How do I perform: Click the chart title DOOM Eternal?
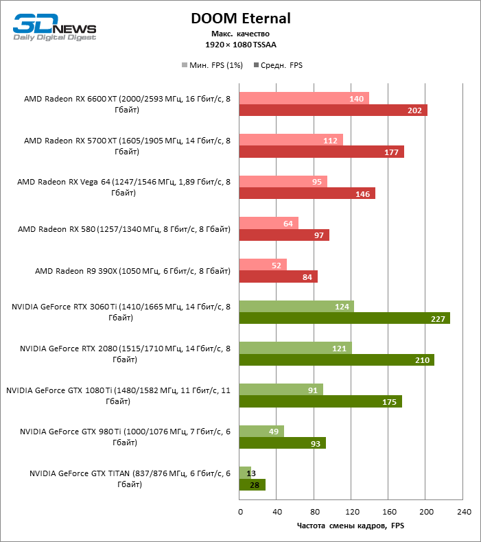pos(240,19)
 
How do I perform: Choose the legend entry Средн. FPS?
pos(278,66)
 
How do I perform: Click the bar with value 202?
pos(333,110)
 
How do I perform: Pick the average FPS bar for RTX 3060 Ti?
pos(344,318)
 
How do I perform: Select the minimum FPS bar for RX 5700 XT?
pos(291,140)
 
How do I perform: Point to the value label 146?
pos(363,194)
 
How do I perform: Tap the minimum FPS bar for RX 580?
pos(268,223)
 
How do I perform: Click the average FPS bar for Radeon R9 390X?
pos(278,277)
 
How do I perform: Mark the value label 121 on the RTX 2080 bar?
pos(338,349)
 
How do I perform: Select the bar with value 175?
pos(320,401)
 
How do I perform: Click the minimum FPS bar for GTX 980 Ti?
pos(261,431)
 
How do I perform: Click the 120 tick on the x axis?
pos(351,512)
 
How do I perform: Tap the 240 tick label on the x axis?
pos(463,512)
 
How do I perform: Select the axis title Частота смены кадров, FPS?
pos(351,526)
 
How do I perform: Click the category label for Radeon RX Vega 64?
pos(124,188)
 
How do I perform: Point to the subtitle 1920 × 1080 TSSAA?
pos(240,45)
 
